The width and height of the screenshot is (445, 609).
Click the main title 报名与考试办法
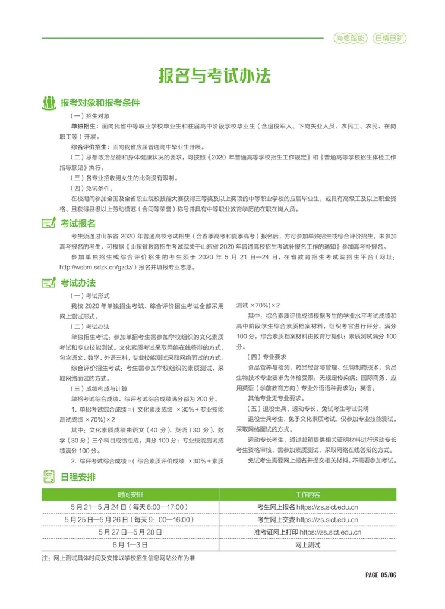(x=214, y=76)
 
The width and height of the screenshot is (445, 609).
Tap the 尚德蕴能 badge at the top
(x=349, y=39)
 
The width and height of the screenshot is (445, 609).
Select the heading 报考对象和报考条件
(x=100, y=102)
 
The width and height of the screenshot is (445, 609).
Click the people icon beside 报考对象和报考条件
(x=49, y=102)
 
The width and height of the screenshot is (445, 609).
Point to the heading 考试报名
(x=78, y=223)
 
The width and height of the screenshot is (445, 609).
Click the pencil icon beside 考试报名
(x=49, y=223)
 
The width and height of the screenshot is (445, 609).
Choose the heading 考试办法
(x=78, y=282)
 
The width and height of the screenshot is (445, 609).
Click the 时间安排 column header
(x=130, y=494)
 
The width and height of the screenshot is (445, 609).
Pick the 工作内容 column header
(x=307, y=494)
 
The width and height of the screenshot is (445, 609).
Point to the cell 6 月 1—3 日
(x=130, y=544)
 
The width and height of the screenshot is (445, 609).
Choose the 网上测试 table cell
(x=307, y=544)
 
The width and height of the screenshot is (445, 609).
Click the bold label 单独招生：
(x=85, y=127)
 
